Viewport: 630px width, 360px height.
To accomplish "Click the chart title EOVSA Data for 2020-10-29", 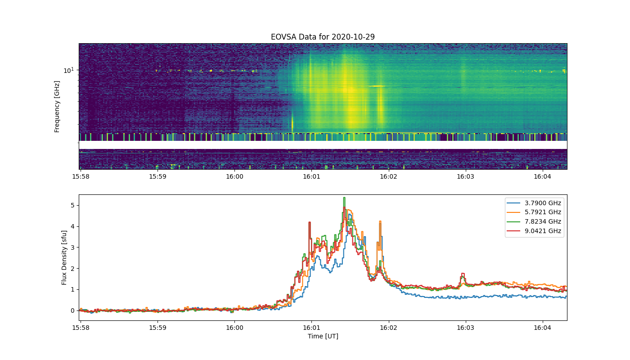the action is tap(323, 37).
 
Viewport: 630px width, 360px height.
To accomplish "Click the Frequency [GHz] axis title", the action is tap(57, 107).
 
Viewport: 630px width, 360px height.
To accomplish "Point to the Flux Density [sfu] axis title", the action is tap(64, 257).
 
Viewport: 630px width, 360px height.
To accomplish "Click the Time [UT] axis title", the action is tap(323, 336).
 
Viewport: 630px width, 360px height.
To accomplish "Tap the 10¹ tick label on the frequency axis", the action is tap(68, 70).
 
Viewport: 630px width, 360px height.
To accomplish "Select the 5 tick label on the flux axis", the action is tap(72, 205).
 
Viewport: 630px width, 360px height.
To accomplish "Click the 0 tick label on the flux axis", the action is tap(72, 310).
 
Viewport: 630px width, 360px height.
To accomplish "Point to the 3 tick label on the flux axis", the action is tap(72, 247).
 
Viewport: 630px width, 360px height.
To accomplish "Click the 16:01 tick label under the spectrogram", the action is tap(311, 176).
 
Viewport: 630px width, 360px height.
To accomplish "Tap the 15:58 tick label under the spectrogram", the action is tap(81, 176).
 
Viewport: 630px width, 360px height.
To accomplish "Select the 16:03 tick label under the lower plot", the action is tap(465, 328).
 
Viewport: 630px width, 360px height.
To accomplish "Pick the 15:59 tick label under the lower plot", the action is tap(157, 328).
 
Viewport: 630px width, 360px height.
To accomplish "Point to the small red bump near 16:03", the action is tap(463, 274).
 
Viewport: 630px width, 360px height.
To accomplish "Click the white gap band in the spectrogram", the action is tap(323, 145).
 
